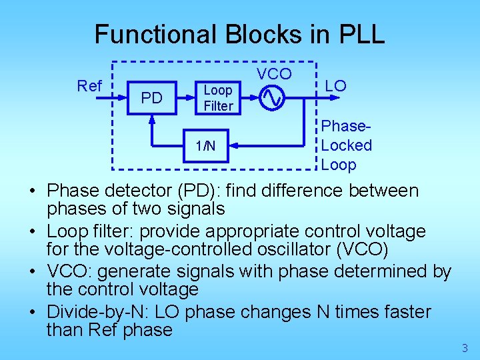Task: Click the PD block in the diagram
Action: [151, 99]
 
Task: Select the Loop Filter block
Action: [218, 98]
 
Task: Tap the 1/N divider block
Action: [205, 145]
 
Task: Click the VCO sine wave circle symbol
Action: [272, 98]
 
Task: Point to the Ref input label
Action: [89, 86]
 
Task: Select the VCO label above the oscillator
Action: [273, 73]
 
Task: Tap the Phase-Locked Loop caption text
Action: [346, 145]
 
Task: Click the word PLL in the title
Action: [361, 35]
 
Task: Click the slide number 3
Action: [465, 347]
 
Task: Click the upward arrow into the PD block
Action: [152, 123]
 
